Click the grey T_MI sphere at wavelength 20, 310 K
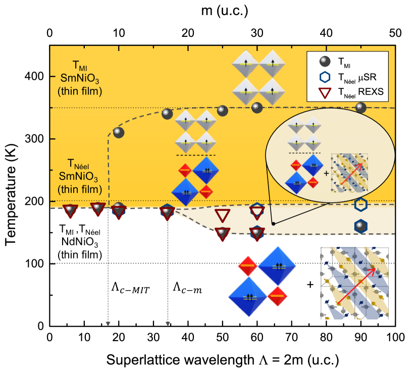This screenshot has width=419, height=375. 119,132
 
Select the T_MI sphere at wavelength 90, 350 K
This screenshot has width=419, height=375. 360,108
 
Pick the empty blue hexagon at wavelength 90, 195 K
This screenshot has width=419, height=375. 360,204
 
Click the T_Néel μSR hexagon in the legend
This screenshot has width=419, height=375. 326,77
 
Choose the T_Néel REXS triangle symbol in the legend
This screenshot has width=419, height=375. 326,92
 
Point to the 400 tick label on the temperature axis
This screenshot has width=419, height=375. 34,77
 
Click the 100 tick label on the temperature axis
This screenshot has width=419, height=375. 34,264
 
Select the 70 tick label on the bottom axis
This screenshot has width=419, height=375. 291,337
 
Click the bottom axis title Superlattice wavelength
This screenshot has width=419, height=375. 222,360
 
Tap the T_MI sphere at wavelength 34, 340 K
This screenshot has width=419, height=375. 168,114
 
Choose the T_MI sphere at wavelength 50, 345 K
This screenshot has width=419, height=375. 223,111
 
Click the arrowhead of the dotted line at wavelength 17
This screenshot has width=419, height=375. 108,324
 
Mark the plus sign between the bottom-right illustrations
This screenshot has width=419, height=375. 309,285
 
